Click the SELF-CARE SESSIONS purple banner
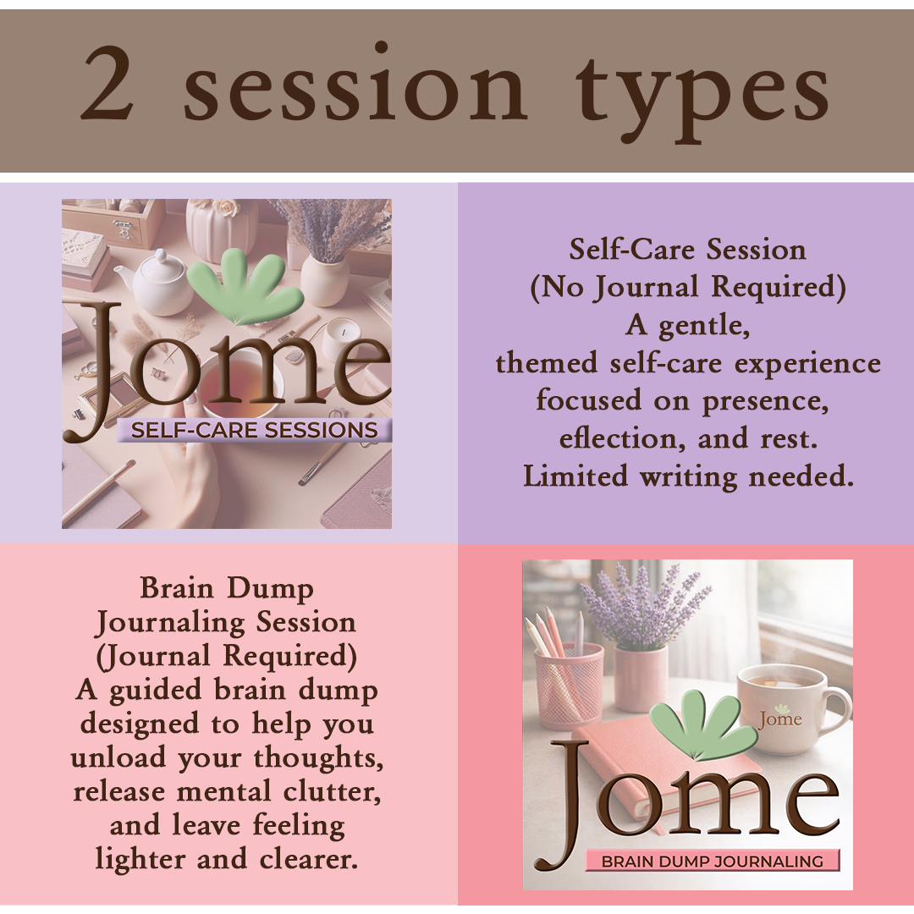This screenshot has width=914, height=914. pyautogui.click(x=254, y=430)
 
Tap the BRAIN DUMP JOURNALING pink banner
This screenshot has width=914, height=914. pyautogui.click(x=712, y=862)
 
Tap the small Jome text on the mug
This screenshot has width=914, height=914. pyautogui.click(x=779, y=719)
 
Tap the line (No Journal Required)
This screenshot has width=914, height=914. pyautogui.click(x=687, y=288)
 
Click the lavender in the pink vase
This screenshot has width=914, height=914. pyautogui.click(x=643, y=601)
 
